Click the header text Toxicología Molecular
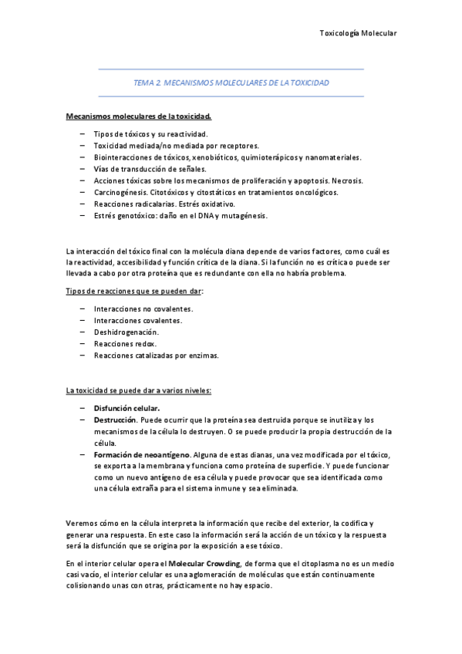coord(357,33)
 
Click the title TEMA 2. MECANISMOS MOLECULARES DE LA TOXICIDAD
coord(231,83)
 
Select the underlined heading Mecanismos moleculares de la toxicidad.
coord(139,116)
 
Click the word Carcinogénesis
coord(122,192)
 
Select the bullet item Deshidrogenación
coord(126,332)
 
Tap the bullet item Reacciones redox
coord(125,343)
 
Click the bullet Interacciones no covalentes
coord(143,308)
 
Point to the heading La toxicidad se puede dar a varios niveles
coord(139,390)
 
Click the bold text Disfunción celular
coord(127,407)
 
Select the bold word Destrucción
coord(116,420)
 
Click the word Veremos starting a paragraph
coord(83,523)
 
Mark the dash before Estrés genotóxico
coord(83,216)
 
